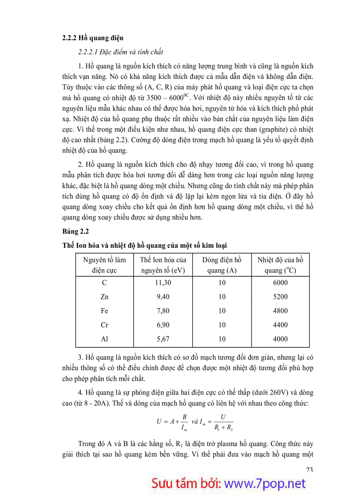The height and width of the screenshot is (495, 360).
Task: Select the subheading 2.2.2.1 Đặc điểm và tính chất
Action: [120, 52]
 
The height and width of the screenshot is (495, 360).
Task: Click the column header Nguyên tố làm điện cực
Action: [104, 265]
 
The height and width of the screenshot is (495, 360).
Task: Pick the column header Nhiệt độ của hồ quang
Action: [280, 265]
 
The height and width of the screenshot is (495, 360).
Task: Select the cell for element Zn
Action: [104, 297]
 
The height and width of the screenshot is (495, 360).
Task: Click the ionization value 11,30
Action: [163, 283]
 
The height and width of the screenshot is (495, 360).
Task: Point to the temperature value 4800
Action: [280, 311]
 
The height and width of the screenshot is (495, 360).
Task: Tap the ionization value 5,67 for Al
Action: [163, 339]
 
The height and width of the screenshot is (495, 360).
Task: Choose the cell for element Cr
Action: [104, 325]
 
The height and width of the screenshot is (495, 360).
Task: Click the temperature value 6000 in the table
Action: [280, 283]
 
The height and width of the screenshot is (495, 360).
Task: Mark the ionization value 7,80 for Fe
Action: [163, 311]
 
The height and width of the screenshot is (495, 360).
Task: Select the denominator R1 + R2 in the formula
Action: [223, 427]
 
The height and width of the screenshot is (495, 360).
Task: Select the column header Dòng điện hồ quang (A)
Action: [222, 265]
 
